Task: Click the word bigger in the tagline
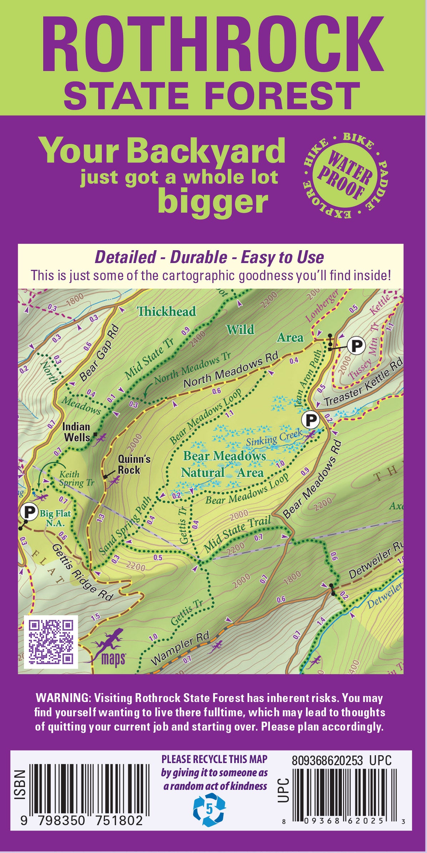213,202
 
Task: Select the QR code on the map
51,642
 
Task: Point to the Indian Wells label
76,432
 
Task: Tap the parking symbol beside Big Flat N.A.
29,512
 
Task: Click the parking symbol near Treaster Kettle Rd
310,420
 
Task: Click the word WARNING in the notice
63,698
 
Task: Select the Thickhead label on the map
167,311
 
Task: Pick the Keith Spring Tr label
76,479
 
